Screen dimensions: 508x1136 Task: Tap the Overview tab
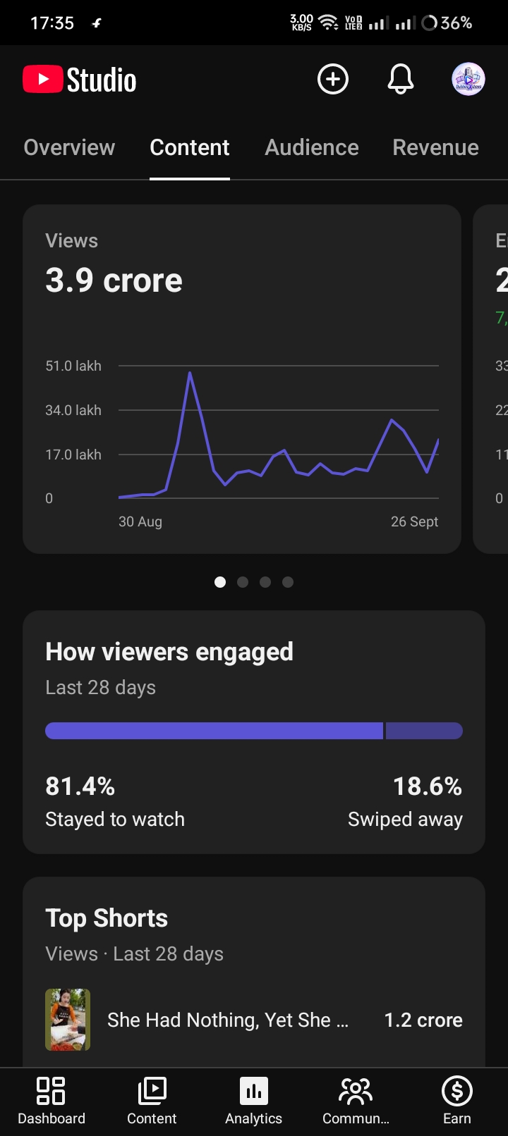click(x=69, y=147)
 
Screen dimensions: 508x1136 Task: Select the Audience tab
click(x=312, y=147)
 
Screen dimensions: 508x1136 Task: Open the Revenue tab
click(x=435, y=147)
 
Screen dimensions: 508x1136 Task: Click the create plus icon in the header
click(x=333, y=79)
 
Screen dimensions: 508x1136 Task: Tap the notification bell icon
click(x=401, y=79)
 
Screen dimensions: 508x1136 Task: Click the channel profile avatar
click(x=468, y=79)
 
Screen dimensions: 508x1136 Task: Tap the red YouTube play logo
click(x=42, y=79)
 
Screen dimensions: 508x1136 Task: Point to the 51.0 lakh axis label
click(x=73, y=366)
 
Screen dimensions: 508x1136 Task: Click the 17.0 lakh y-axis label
click(x=73, y=455)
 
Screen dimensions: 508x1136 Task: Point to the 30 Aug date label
click(x=140, y=521)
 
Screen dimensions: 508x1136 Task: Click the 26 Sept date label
click(x=415, y=521)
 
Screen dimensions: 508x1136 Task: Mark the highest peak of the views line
click(x=190, y=373)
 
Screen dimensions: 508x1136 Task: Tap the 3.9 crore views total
click(x=114, y=280)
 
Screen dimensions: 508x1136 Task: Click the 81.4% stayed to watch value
click(x=80, y=786)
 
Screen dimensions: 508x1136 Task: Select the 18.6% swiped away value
click(x=428, y=786)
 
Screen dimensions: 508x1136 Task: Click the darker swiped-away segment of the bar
click(x=424, y=731)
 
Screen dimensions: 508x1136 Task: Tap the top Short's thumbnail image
click(x=68, y=1019)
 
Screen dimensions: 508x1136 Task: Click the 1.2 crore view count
click(x=423, y=1020)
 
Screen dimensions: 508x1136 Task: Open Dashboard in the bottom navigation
click(x=52, y=1099)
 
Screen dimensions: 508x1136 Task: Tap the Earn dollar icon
click(x=457, y=1091)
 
